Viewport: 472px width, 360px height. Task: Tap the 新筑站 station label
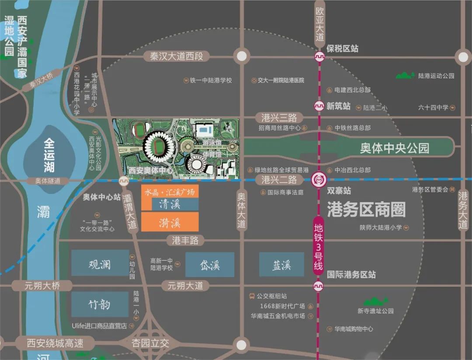tap(338, 106)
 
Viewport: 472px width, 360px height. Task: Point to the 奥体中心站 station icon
tap(124, 180)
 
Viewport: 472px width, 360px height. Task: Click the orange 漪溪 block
tap(170, 222)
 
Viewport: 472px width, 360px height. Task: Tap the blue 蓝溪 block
tap(281, 264)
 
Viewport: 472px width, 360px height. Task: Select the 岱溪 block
tap(210, 264)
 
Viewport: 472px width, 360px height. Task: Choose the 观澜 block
tap(100, 263)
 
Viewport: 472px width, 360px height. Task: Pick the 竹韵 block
tap(100, 304)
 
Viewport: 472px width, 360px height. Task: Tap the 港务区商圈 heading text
tap(366, 210)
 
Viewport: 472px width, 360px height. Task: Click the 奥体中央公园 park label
tap(395, 148)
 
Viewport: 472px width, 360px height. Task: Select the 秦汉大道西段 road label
tap(177, 56)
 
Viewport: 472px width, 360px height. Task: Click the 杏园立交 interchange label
tap(150, 343)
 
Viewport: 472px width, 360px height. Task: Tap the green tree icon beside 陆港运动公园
tap(405, 75)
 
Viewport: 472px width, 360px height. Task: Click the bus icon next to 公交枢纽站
tap(252, 296)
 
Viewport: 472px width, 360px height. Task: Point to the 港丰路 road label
tap(185, 240)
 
